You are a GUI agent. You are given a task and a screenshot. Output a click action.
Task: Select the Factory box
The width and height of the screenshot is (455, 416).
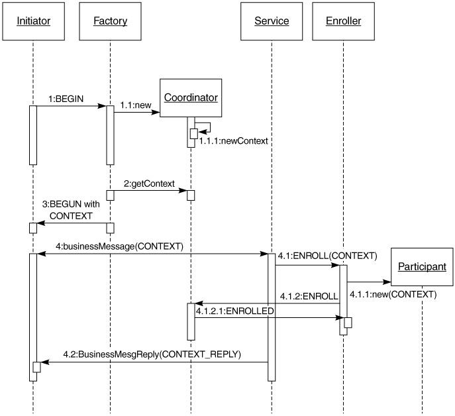tap(110, 21)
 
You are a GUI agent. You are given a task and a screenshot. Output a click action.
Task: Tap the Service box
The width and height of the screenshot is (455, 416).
tap(272, 21)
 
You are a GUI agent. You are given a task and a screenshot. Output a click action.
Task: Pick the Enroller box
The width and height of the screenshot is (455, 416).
tap(343, 21)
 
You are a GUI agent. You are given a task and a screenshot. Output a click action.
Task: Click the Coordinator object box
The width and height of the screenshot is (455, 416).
tap(191, 98)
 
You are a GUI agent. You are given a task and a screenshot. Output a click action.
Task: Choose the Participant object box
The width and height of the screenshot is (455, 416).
tap(422, 267)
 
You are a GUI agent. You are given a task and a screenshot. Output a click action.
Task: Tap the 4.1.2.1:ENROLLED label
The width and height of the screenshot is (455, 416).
tap(234, 309)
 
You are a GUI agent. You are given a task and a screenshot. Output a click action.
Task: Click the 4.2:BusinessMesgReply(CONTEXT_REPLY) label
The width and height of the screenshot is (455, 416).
tap(152, 354)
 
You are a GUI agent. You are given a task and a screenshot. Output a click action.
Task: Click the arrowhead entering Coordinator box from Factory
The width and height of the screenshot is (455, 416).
tap(156, 113)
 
